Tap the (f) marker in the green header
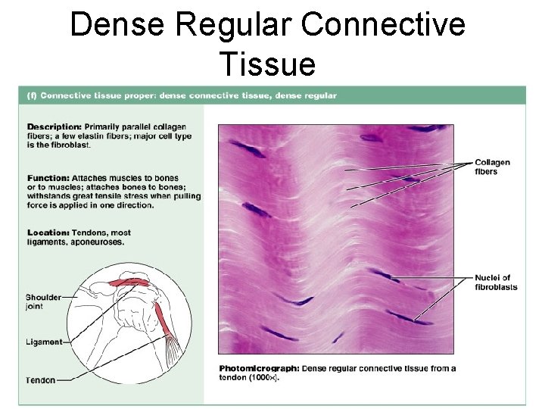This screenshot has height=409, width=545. (x=31, y=95)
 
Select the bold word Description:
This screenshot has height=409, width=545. (x=54, y=126)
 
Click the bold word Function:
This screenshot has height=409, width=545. (x=48, y=178)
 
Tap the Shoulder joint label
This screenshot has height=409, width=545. (x=43, y=301)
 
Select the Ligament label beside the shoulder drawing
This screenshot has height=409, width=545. (x=43, y=342)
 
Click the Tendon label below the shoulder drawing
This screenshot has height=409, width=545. (x=40, y=379)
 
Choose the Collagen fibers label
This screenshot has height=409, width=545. (x=492, y=167)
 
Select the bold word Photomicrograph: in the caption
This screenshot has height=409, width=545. (x=259, y=369)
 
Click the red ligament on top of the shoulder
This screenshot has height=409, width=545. (x=129, y=283)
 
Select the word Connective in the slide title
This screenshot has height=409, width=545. (x=382, y=24)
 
